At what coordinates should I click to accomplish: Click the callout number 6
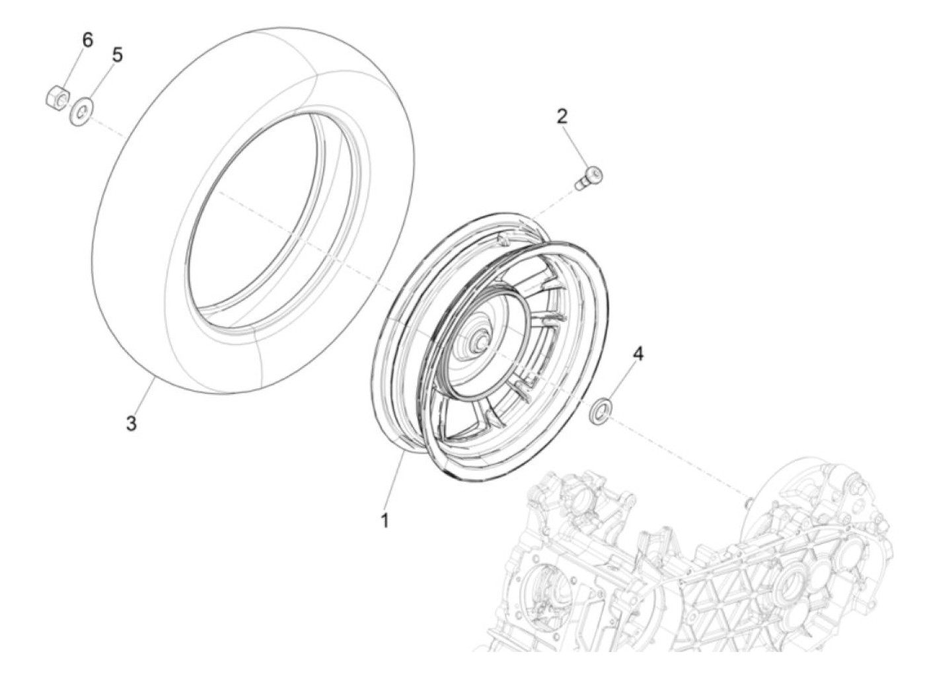pyautogui.click(x=87, y=40)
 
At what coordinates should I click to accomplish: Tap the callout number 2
pyautogui.click(x=562, y=117)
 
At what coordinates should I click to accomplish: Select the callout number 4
pyautogui.click(x=637, y=354)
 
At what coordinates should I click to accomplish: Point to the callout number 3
pyautogui.click(x=131, y=423)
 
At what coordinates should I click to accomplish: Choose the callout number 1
pyautogui.click(x=384, y=521)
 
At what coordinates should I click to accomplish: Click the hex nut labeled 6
pyautogui.click(x=57, y=98)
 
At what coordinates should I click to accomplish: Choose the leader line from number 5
pyautogui.click(x=99, y=83)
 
